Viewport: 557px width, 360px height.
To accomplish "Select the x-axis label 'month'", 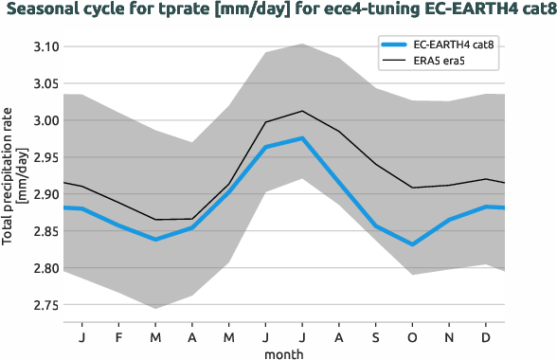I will point(283,351).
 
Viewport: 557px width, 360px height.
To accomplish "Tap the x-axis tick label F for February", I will point(118,335).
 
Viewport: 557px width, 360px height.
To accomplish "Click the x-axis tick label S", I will point(376,335).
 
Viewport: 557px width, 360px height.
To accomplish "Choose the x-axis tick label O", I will point(413,335).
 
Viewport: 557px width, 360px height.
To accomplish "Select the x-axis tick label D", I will point(487,335).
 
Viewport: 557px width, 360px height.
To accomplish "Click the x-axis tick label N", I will point(450,335).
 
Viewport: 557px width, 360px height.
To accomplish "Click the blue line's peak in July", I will point(302,138).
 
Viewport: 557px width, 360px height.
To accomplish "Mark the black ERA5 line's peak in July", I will point(302,111).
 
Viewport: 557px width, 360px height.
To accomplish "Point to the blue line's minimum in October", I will point(413,244).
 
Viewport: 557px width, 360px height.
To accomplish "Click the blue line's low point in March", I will point(155,240).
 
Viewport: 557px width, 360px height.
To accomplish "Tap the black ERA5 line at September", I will point(376,165).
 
